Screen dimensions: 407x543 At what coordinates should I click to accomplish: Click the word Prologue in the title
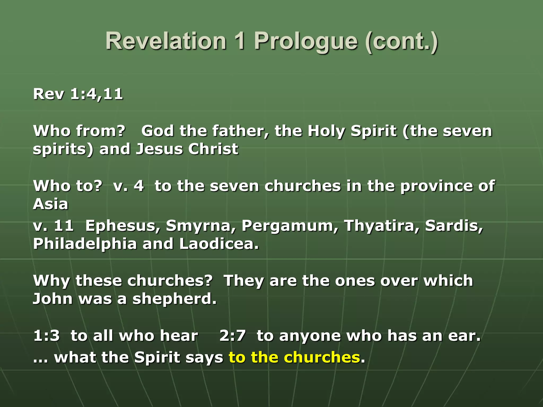coord(306,41)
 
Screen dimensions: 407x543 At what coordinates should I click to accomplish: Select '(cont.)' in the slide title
coord(401,41)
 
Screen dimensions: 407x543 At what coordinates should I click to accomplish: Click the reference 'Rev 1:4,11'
coord(78,94)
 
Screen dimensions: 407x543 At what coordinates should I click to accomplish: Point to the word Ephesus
coord(123,226)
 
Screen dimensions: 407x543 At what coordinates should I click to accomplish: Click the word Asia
coord(50,204)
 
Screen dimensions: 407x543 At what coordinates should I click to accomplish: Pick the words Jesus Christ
coord(187,149)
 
